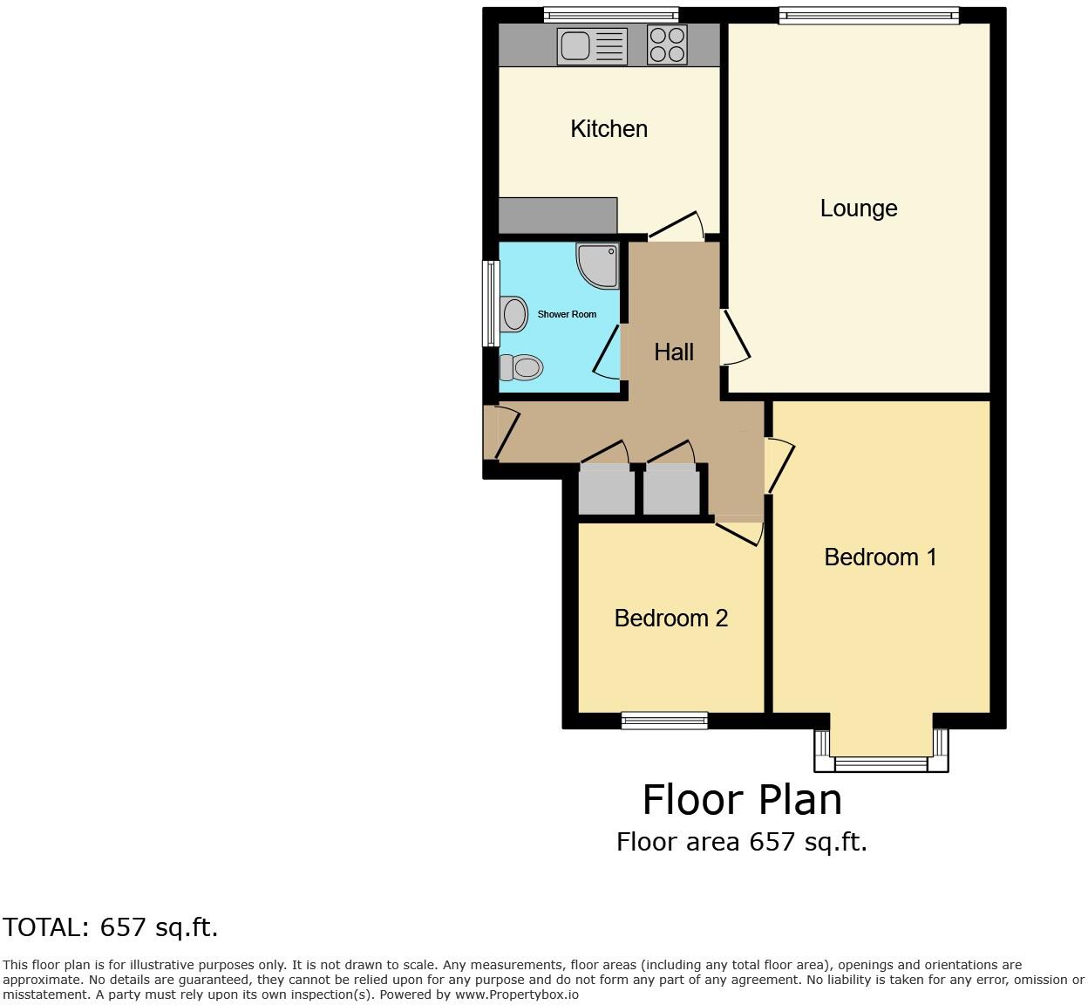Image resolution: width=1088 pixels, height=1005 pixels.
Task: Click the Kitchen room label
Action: pos(609,129)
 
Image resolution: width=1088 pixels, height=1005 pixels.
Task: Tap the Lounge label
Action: pos(859,209)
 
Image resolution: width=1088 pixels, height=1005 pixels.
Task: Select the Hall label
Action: pos(674,352)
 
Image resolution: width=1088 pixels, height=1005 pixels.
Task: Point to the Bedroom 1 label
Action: pos(881,557)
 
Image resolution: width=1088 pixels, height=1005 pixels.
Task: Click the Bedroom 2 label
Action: pos(671,619)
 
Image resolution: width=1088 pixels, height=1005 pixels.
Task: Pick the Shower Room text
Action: pos(567,314)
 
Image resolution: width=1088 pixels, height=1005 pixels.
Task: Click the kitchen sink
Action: pos(592,46)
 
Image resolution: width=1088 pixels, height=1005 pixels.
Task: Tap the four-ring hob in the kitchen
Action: pos(667,45)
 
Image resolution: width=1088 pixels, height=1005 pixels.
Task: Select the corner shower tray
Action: pos(599,264)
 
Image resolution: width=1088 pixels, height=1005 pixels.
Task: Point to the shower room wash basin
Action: pos(514,313)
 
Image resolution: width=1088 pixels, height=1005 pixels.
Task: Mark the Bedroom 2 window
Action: pos(664,720)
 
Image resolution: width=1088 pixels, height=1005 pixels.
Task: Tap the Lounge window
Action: pos(868,14)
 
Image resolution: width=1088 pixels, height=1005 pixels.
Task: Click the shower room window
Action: pos(491,304)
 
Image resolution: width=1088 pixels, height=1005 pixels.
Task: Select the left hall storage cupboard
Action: pos(607,490)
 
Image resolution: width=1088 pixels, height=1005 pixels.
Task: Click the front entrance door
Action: pos(504,432)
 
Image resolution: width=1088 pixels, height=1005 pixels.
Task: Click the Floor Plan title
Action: pos(742,799)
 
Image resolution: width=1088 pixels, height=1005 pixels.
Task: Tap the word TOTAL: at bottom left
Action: pos(46,927)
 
